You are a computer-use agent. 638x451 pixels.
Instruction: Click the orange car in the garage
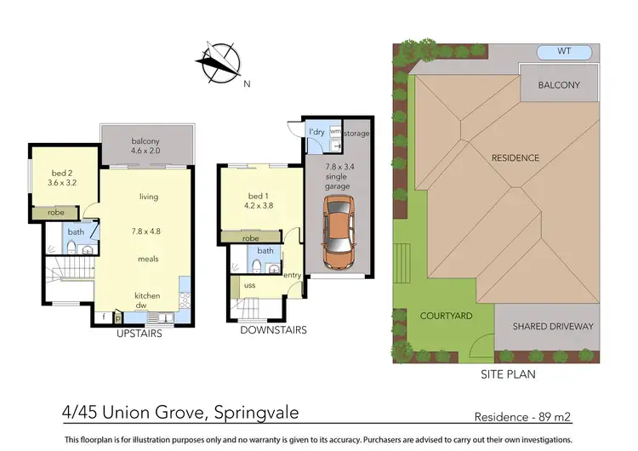pyautogui.click(x=338, y=231)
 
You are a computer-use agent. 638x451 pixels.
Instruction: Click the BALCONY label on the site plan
pyautogui.click(x=559, y=85)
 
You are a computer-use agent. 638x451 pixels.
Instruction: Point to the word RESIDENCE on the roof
pyautogui.click(x=515, y=158)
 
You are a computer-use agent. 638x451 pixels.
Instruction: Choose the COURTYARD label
pyautogui.click(x=446, y=316)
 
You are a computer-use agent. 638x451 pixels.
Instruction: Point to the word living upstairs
pyautogui.click(x=149, y=197)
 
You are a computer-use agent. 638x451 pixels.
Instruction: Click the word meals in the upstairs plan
pyautogui.click(x=149, y=259)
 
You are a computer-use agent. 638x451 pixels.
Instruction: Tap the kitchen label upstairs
pyautogui.click(x=148, y=296)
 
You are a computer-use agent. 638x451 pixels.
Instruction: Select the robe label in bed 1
pyautogui.click(x=251, y=239)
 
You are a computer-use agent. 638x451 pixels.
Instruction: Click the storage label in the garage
pyautogui.click(x=357, y=134)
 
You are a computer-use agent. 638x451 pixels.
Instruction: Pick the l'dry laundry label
pyautogui.click(x=316, y=133)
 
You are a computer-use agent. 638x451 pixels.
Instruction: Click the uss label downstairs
pyautogui.click(x=250, y=285)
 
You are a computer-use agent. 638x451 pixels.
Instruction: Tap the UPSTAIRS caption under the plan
pyautogui.click(x=140, y=334)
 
